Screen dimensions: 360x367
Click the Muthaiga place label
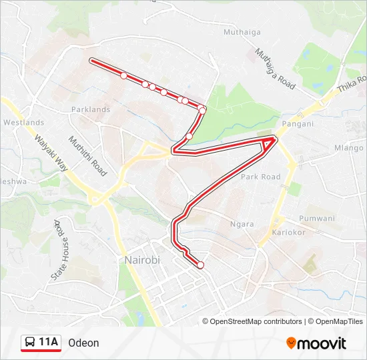click(x=225, y=31)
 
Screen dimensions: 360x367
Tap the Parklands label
click(x=91, y=109)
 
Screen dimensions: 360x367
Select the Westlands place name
click(x=23, y=123)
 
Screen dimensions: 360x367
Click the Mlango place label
click(x=348, y=148)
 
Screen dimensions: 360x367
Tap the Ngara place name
click(x=242, y=224)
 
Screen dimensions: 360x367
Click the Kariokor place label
click(x=288, y=233)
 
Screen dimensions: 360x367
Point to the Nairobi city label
click(x=142, y=259)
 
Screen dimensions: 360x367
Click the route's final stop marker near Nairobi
click(x=200, y=265)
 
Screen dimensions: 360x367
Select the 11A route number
click(x=49, y=343)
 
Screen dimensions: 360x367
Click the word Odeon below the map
click(x=83, y=343)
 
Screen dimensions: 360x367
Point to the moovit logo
click(x=316, y=343)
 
